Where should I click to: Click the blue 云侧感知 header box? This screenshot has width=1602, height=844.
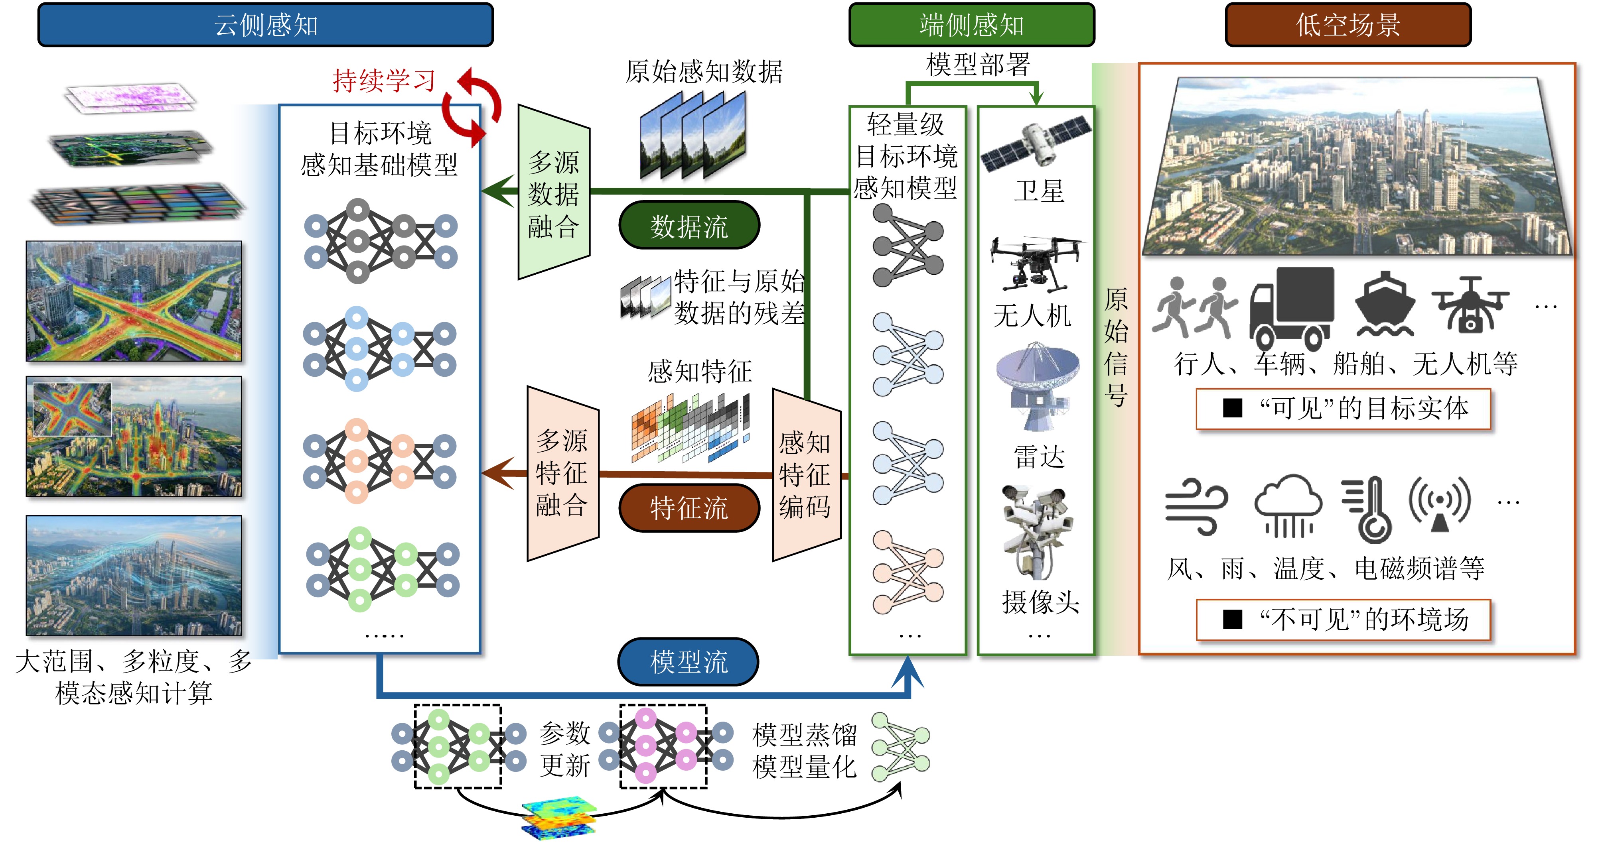click(266, 25)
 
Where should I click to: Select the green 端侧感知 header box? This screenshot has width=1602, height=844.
click(971, 25)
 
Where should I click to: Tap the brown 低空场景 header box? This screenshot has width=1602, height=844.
click(1347, 25)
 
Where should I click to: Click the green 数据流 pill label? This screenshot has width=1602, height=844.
click(689, 226)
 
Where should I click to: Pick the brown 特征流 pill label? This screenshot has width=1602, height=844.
click(689, 508)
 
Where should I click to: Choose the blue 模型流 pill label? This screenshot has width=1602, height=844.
click(689, 661)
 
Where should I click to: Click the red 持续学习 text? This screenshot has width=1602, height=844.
click(384, 81)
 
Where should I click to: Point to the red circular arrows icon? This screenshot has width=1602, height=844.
click(473, 106)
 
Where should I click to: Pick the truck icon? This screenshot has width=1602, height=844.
click(1292, 308)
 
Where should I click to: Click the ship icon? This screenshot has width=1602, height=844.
click(1385, 305)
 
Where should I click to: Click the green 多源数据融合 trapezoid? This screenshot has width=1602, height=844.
click(554, 193)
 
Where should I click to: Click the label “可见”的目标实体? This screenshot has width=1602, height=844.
click(1343, 408)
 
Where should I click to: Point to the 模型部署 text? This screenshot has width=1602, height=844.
click(978, 65)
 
